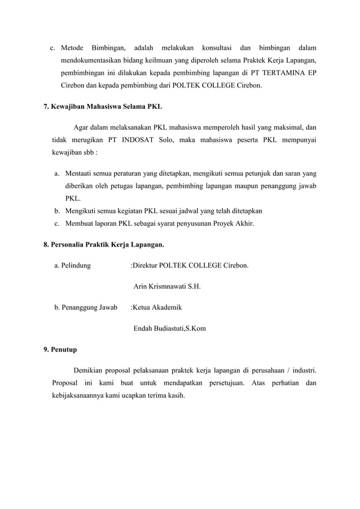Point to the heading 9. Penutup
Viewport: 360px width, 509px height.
coord(60,349)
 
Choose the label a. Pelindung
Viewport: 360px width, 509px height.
coord(72,265)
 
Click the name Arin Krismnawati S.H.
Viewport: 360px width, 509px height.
coord(166,286)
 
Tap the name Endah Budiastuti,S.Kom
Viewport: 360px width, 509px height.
coord(169,328)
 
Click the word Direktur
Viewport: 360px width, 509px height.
coord(146,265)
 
